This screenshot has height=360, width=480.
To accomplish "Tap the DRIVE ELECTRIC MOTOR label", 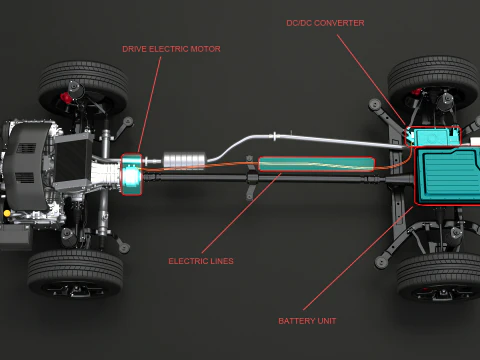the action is coord(171,48).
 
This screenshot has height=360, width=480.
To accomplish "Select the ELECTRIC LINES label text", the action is coord(201,261).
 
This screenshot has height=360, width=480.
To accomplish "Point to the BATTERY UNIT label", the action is coord(307,321).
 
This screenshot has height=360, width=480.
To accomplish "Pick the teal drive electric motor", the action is coord(132,174).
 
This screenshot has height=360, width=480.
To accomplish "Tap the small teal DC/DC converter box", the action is coord(433,138).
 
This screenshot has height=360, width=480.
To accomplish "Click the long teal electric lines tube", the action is coord(316,164).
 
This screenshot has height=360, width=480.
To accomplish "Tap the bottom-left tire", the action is coord(75,272).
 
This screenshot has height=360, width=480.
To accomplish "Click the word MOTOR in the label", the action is coord(206,48).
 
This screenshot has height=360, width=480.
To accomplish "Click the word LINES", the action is coord(221,261).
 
